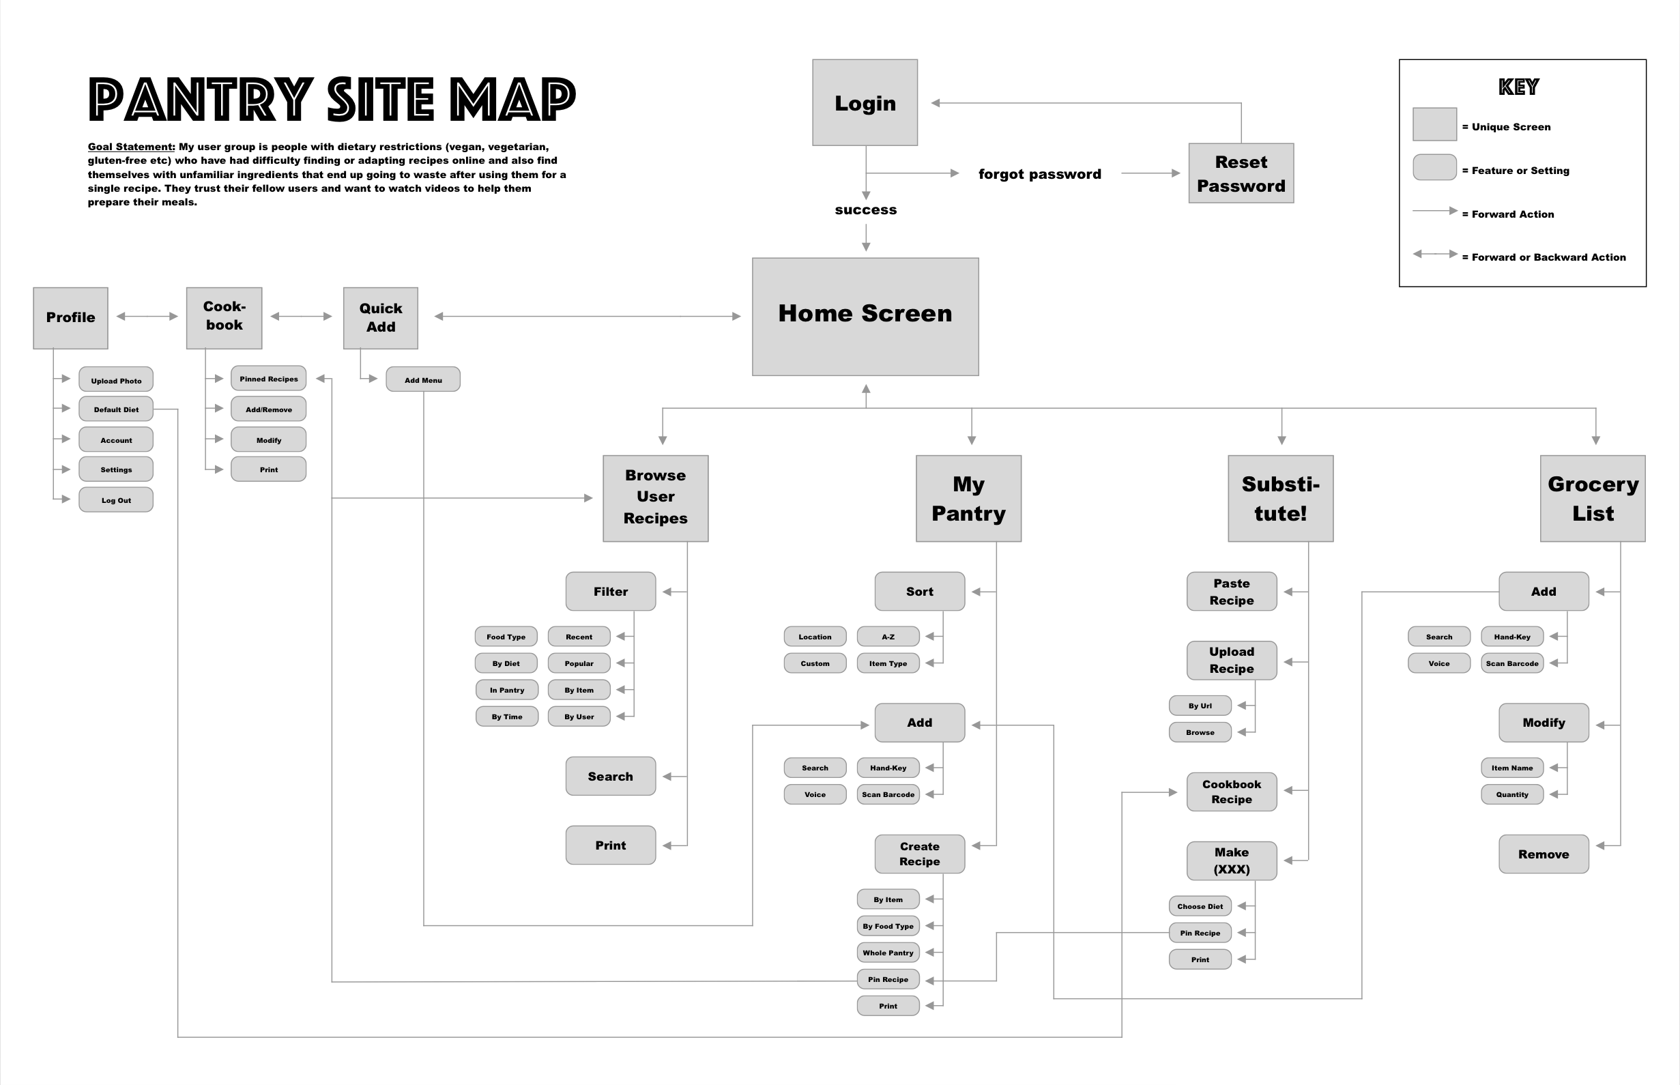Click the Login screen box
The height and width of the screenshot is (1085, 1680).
click(x=865, y=103)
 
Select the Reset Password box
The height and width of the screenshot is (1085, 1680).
click(x=1241, y=173)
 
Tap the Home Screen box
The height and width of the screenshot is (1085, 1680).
click(x=865, y=317)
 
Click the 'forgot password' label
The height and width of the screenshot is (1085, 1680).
click(x=1039, y=174)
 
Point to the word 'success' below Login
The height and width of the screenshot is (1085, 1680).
click(x=865, y=210)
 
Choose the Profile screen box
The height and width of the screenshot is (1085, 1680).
click(x=70, y=318)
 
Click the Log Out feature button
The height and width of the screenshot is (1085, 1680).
click(x=115, y=500)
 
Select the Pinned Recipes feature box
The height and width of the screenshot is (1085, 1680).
click(x=268, y=378)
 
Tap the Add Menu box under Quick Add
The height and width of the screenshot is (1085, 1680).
click(x=422, y=379)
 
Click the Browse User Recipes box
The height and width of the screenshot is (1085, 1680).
click(x=655, y=498)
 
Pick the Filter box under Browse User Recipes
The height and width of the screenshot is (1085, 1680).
click(x=610, y=592)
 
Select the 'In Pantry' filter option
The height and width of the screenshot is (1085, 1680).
click(x=506, y=690)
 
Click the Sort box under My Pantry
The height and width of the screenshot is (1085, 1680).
click(x=919, y=592)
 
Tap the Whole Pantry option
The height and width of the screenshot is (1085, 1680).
click(x=888, y=953)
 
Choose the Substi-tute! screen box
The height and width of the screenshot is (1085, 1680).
click(x=1280, y=498)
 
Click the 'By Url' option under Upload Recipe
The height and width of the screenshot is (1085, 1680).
click(x=1200, y=706)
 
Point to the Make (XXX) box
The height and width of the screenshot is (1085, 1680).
click(x=1231, y=861)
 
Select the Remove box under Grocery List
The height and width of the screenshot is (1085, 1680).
click(x=1543, y=854)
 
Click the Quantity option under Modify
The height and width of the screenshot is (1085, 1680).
click(x=1511, y=794)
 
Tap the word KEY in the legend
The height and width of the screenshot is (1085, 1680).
click(x=1519, y=87)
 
